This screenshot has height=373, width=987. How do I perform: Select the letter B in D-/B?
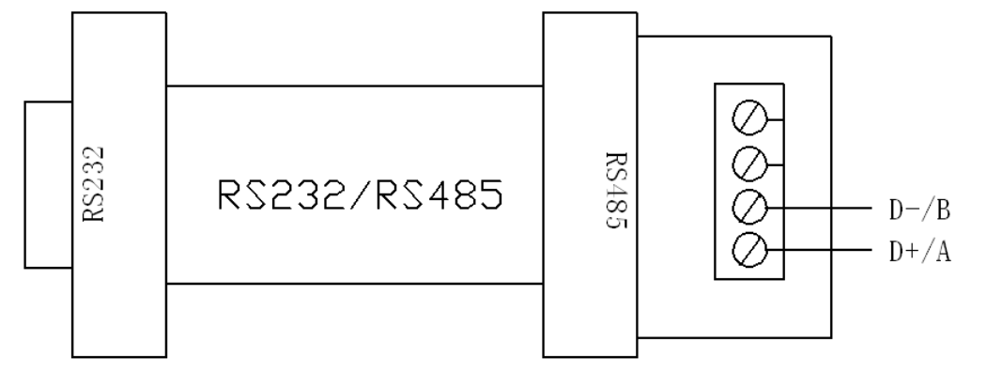945,210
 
